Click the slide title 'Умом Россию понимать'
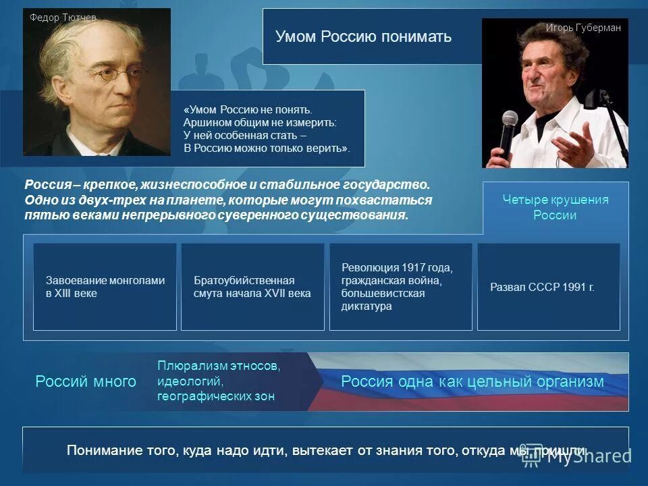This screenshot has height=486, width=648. [x=363, y=36]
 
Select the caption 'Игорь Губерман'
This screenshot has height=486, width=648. [x=583, y=28]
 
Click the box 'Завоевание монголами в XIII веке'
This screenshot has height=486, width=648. [x=105, y=287]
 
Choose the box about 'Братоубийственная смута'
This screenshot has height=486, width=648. [x=252, y=287]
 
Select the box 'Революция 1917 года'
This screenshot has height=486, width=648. [x=400, y=287]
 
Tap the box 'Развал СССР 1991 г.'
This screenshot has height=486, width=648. [x=548, y=287]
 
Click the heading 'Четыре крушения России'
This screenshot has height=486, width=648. [x=555, y=207]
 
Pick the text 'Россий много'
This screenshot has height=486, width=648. [x=86, y=382]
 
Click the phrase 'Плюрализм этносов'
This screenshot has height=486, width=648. [x=218, y=366]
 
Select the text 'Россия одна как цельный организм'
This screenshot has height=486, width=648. [x=473, y=381]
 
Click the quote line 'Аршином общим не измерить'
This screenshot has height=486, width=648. [x=259, y=122]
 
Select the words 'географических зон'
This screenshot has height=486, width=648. [x=216, y=396]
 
